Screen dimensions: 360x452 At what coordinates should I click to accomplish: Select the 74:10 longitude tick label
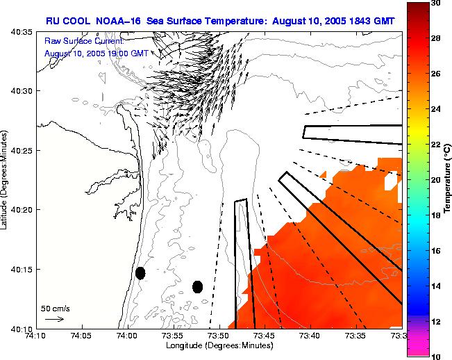36,336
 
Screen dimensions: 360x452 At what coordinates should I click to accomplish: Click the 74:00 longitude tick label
127,336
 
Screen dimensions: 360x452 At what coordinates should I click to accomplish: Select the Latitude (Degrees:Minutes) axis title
6,179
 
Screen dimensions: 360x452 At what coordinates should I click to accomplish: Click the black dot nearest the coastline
140,273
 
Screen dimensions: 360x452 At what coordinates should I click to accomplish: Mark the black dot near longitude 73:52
197,286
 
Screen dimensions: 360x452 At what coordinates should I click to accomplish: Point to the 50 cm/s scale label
56,308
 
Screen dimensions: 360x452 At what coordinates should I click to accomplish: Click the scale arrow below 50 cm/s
54,319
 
